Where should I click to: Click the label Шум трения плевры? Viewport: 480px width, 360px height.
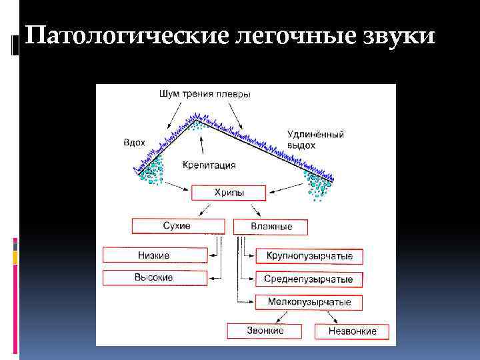tap(205, 94)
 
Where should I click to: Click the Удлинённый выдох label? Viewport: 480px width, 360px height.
tap(315, 139)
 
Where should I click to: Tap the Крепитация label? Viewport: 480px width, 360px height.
tap(209, 165)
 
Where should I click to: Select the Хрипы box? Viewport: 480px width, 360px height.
tap(229, 193)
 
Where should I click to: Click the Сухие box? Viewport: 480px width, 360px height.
tap(177, 226)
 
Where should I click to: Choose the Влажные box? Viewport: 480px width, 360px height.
tap(271, 227)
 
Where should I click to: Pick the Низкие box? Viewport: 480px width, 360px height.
tap(155, 255)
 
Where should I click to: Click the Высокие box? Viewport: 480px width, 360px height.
tap(155, 277)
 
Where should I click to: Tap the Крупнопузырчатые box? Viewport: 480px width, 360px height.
tap(309, 256)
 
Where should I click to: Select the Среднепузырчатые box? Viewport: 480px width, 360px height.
tap(309, 279)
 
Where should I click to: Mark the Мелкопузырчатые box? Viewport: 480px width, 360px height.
tap(309, 303)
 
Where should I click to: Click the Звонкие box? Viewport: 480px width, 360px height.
tap(265, 331)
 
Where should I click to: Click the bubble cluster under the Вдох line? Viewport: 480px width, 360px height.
tap(153, 171)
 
